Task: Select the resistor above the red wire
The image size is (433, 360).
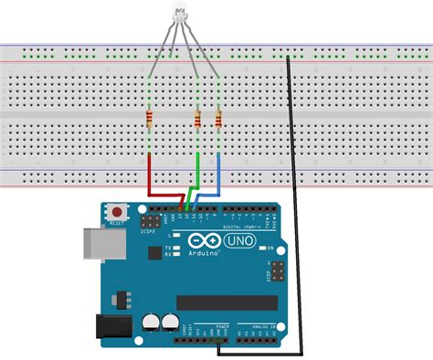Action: (x=149, y=119)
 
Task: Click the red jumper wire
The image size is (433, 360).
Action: (x=150, y=178)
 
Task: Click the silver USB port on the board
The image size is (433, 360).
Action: (x=96, y=243)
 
